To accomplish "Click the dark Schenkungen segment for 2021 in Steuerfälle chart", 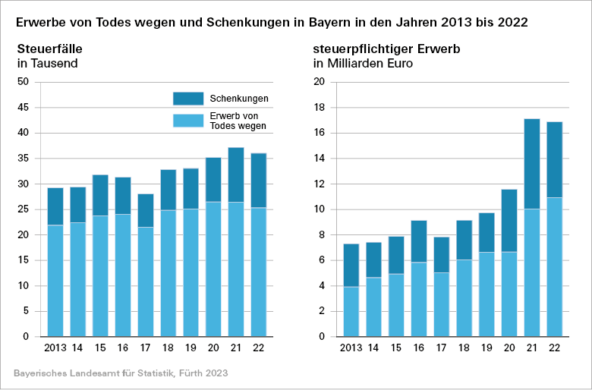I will point(237,175).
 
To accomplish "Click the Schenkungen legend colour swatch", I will point(188,99).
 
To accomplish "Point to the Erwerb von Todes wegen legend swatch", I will point(188,120).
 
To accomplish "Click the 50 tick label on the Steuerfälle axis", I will point(23,82).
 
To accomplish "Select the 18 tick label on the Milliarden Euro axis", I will point(320,108).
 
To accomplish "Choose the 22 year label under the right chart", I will point(555,348).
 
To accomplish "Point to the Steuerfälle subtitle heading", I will point(49,49).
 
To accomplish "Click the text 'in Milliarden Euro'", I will point(363,64).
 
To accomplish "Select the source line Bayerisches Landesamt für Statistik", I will point(121,374).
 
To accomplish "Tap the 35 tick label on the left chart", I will point(23,159).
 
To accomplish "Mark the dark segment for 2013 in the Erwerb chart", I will point(351,265).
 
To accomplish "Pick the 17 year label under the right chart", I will point(441,348).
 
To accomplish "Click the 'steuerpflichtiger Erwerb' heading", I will point(386,49).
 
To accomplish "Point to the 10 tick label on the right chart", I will point(320,209).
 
